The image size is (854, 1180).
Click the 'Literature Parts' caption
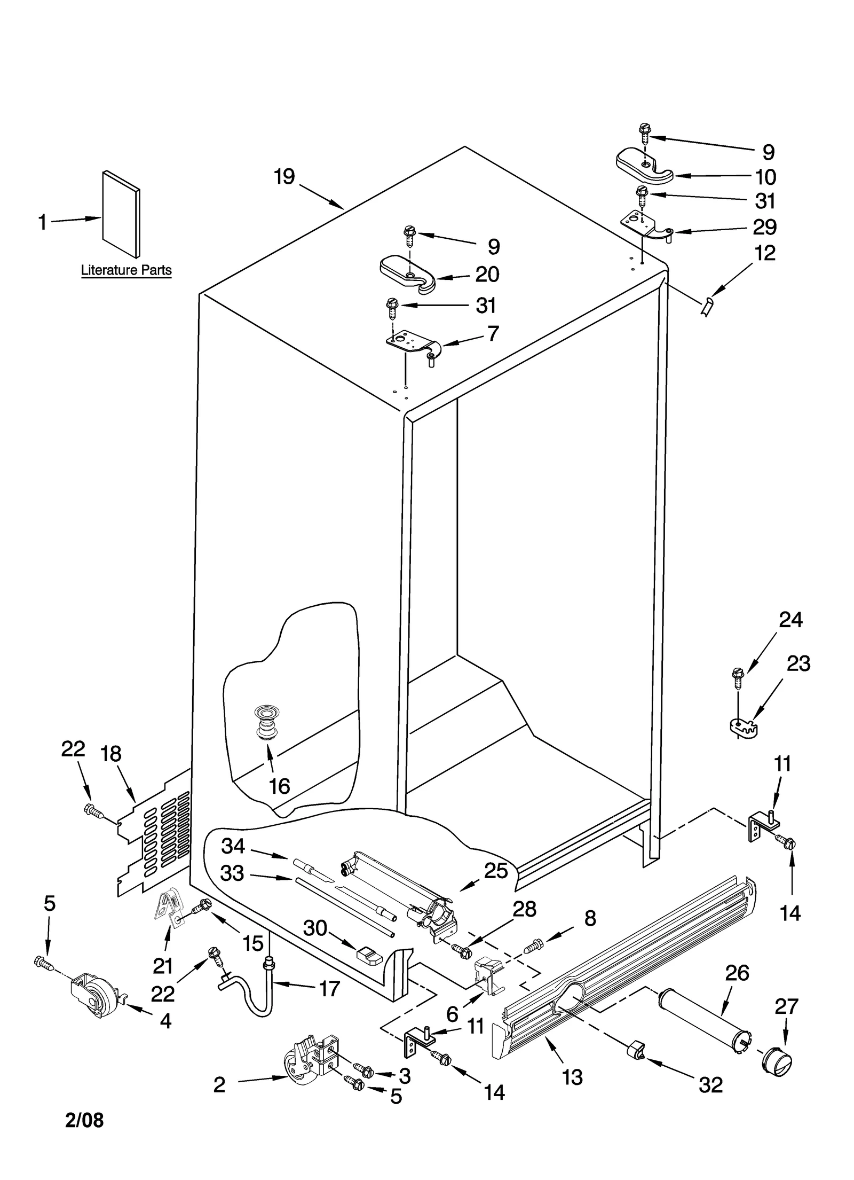click(x=126, y=270)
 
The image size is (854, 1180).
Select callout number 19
click(x=284, y=177)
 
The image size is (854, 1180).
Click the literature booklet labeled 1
click(x=121, y=214)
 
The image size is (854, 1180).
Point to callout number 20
click(x=487, y=275)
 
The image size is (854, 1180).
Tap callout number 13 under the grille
click(x=572, y=1077)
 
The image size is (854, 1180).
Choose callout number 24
click(x=790, y=620)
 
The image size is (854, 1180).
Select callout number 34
click(x=233, y=846)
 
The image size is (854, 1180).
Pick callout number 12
click(x=765, y=253)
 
